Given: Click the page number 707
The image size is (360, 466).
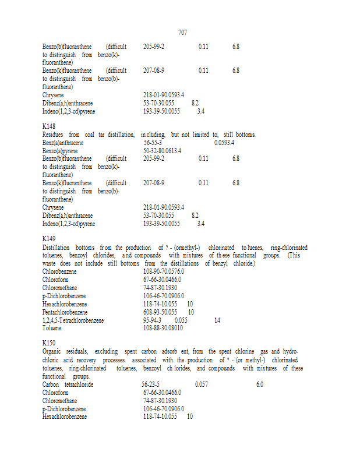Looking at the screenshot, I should pos(182,33).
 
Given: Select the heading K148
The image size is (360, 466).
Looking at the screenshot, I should pos(49,126).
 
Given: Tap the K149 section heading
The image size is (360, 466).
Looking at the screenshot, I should pos(49,239).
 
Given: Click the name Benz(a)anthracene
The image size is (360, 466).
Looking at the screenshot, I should pos(63,143).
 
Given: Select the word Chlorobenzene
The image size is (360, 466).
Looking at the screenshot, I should pos(61,271).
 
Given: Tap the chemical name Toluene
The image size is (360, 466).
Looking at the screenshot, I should pos(52,328).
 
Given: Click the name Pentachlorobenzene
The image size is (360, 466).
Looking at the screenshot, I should pos(65,312).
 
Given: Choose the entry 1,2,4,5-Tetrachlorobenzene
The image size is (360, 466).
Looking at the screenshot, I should pos(73,320).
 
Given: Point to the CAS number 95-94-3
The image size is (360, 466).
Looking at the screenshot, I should pos(153,320).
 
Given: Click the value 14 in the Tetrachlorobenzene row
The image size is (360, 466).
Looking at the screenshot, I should pos(217,320).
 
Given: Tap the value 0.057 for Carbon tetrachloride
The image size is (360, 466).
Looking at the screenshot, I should pos(202,384).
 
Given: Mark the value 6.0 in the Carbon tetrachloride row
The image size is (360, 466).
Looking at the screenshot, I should pos(259,384).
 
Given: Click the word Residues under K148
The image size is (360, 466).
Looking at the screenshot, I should pos(55,135).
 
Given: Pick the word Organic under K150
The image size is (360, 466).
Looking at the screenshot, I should pos(53,352).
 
